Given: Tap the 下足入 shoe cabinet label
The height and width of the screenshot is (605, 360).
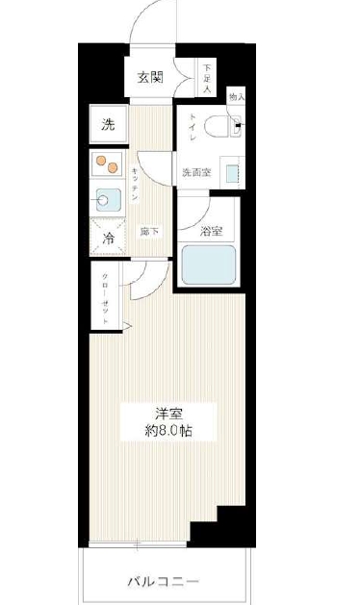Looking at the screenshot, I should coord(207,79).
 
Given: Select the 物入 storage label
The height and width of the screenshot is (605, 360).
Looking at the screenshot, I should coord(235,97).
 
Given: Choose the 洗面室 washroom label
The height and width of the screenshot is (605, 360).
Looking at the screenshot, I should coord(195,173).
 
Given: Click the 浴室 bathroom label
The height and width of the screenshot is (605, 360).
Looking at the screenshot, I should coord(212,231).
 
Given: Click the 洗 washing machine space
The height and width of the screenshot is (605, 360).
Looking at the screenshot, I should coord(109,124).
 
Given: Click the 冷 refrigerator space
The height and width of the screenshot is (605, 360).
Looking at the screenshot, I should coord(109,237).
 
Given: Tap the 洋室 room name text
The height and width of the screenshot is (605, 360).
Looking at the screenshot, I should coord(167,412).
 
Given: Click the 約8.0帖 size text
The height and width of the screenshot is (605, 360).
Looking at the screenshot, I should coord(167,431).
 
